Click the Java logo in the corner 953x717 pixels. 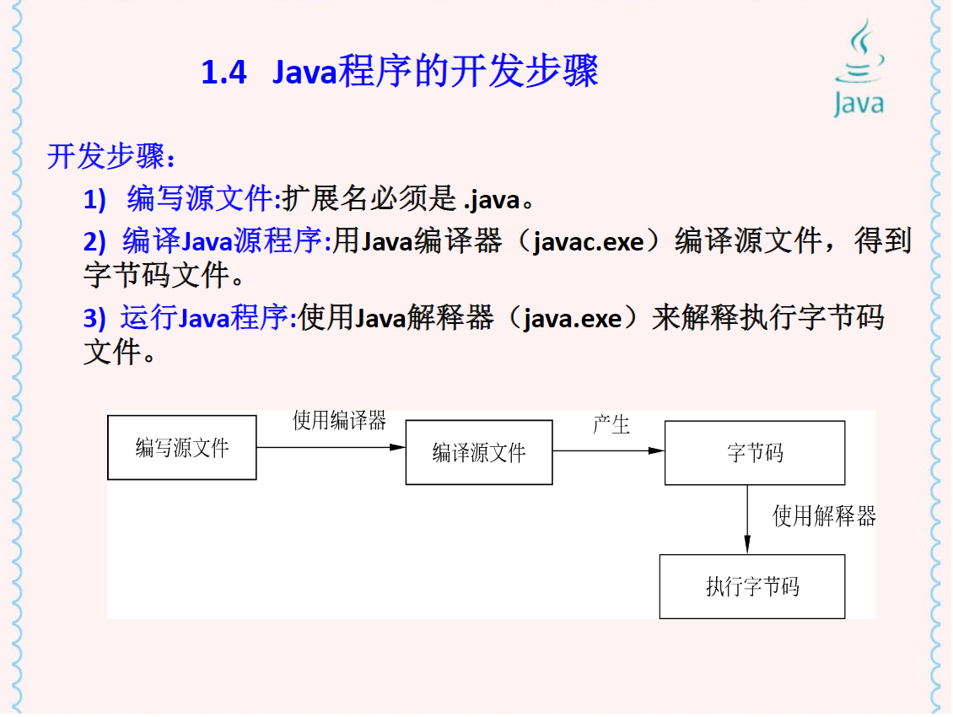click(859, 69)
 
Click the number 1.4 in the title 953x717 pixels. click(224, 73)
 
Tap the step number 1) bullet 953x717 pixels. click(94, 201)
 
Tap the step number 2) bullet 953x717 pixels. click(94, 243)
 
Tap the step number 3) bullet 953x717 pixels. click(94, 320)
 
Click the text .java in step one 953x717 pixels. click(492, 201)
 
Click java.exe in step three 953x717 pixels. click(573, 320)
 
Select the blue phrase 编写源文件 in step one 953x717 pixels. click(201, 200)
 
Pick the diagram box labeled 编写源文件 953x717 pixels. click(182, 447)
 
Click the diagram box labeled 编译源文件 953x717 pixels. click(479, 452)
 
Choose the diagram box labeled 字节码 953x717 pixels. click(755, 453)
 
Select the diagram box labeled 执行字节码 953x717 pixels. click(752, 586)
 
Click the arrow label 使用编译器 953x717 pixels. click(339, 421)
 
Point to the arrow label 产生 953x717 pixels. click(611, 424)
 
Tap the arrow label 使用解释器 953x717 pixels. click(824, 516)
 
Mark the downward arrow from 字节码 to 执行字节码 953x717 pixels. click(747, 520)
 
